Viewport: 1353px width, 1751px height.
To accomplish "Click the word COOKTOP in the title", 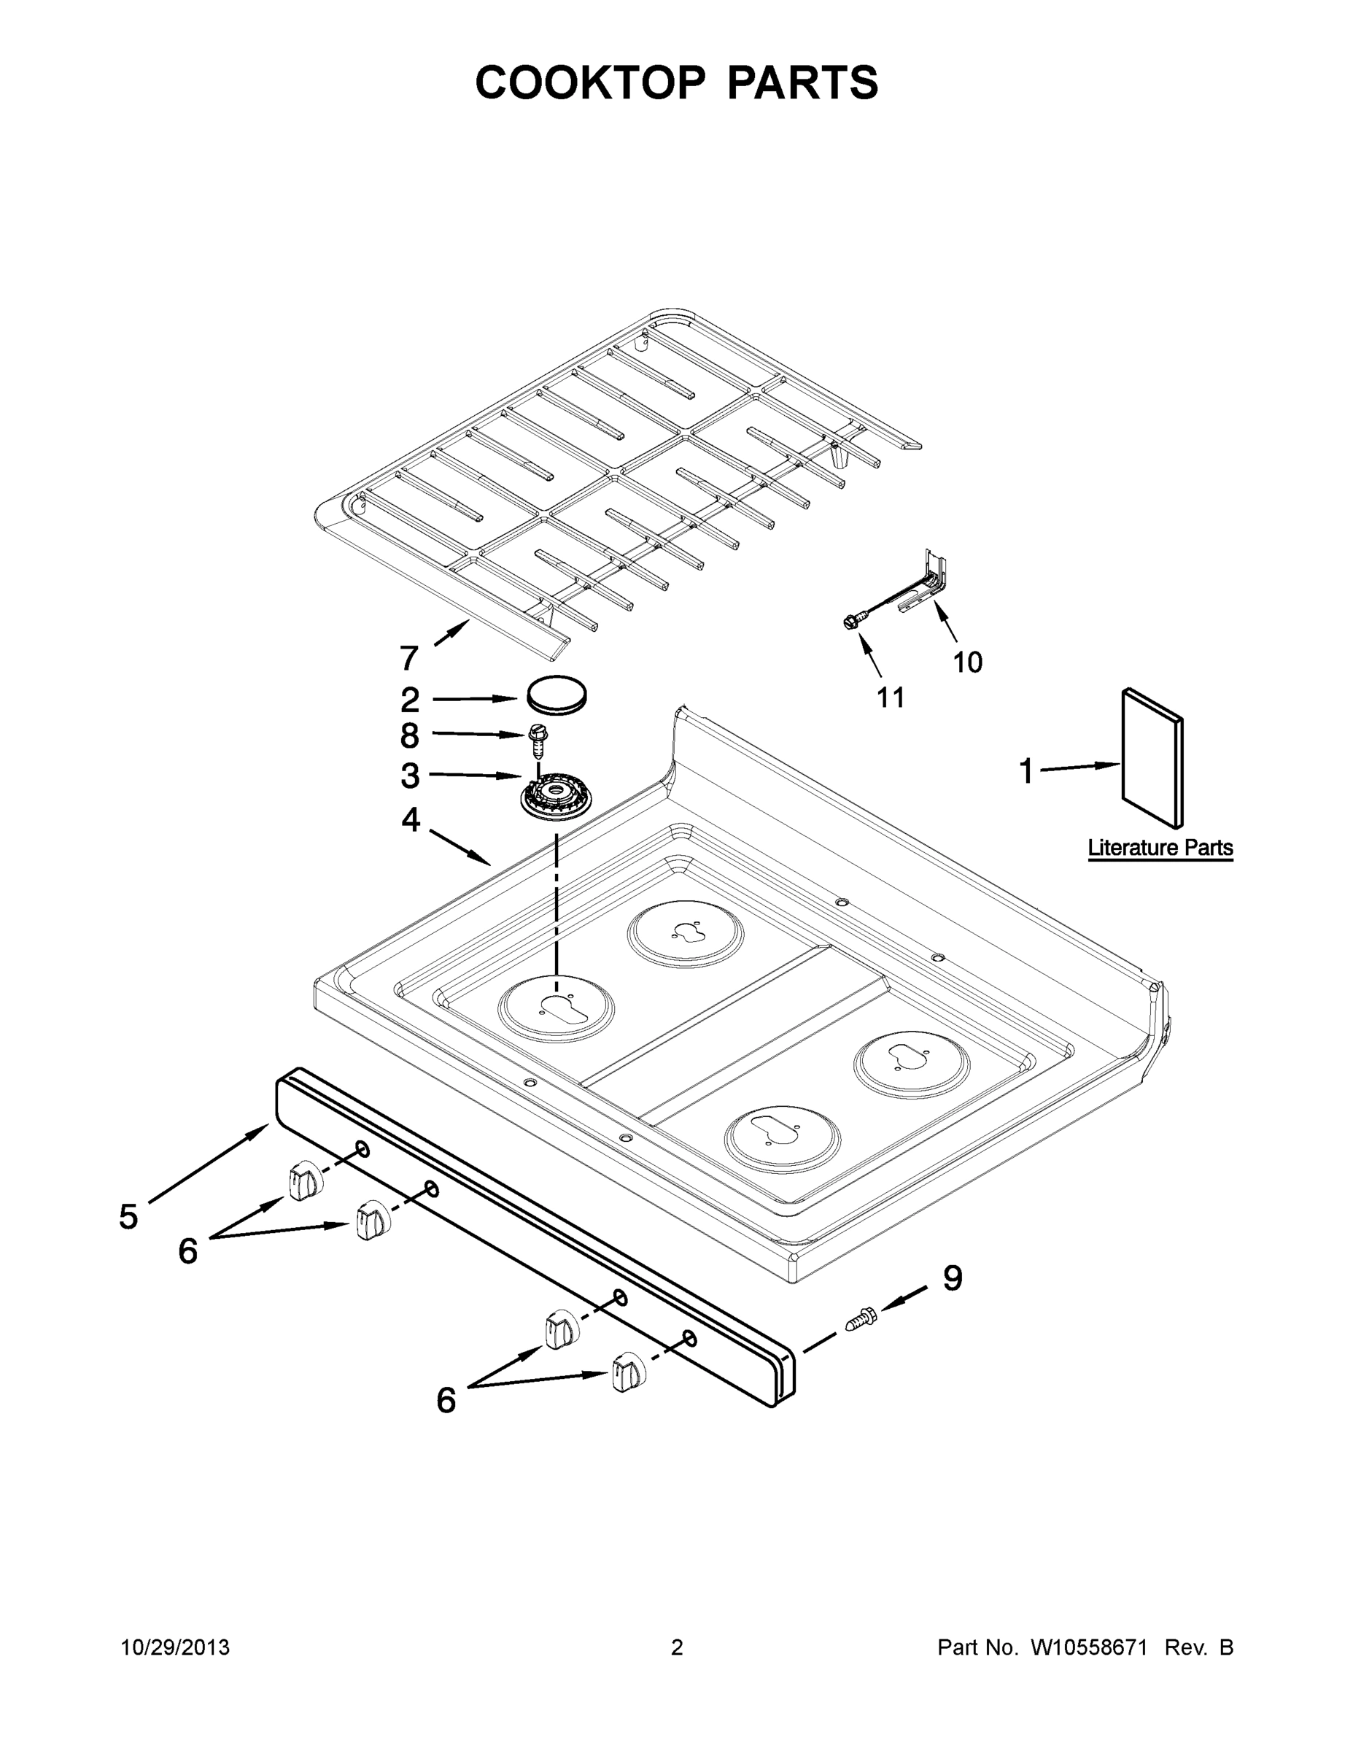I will click(x=591, y=82).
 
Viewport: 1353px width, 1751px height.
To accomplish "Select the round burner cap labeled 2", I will click(x=557, y=695).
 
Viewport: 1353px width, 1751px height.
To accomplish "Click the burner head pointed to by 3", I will click(x=551, y=797).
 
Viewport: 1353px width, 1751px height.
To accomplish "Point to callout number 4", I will click(x=411, y=819).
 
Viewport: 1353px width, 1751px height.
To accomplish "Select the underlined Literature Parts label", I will click(x=1160, y=848).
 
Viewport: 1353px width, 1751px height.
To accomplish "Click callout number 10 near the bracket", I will click(x=967, y=662).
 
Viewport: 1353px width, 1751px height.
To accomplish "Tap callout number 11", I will click(x=891, y=697).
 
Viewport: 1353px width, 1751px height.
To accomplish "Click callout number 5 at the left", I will click(x=128, y=1217).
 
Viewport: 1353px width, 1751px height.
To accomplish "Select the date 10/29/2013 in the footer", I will click(x=175, y=1647).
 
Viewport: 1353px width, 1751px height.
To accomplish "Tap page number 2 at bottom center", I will click(x=677, y=1647).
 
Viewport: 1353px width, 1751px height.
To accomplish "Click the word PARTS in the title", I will click(x=802, y=82).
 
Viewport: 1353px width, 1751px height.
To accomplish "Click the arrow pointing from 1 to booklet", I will click(x=1078, y=768).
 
